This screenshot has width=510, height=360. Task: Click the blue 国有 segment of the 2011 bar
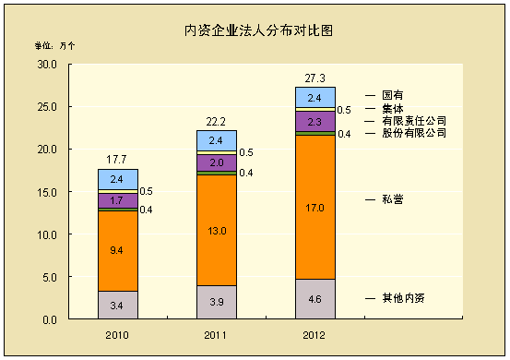pos(217,140)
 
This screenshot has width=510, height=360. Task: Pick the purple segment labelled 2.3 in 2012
pos(315,121)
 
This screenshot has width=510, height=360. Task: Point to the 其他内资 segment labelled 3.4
pos(117,305)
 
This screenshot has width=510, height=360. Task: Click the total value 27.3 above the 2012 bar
pos(315,78)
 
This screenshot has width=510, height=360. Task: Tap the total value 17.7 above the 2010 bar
pos(117,160)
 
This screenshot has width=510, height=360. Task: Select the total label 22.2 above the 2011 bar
pos(217,121)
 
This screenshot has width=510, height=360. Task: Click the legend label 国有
pos(394,95)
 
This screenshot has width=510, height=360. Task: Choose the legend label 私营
pos(394,198)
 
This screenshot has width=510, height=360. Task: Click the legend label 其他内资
pos(404,298)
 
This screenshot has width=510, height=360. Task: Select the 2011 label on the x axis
pos(217,334)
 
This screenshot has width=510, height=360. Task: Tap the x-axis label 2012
pos(315,334)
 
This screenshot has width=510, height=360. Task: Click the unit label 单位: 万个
pos(55,44)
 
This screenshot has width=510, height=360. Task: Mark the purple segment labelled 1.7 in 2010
pos(117,200)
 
